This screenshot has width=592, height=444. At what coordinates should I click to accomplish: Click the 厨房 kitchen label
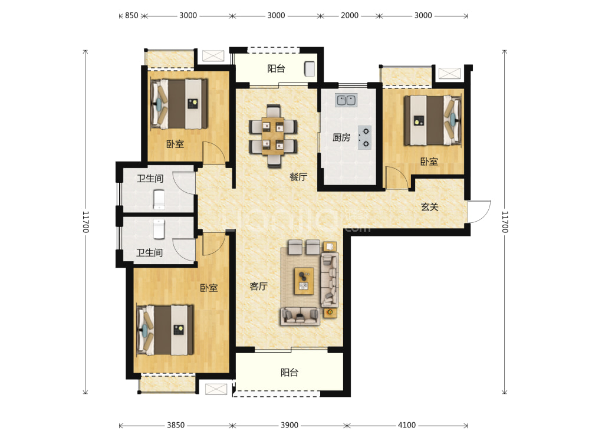(341, 137)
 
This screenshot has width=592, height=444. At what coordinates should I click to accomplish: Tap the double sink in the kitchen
(346, 100)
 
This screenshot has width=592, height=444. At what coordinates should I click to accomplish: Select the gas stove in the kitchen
(365, 137)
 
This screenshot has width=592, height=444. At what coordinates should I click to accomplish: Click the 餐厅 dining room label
(298, 177)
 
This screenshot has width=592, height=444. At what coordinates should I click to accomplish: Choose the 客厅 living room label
(259, 287)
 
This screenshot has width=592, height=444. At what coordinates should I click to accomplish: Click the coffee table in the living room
(304, 281)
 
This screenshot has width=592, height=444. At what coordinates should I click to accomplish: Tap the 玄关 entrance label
(430, 207)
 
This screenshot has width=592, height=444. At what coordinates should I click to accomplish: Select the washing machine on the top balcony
(310, 69)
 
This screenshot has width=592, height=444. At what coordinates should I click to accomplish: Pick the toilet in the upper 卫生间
(159, 199)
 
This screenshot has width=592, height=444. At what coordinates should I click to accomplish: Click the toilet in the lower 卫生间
(159, 229)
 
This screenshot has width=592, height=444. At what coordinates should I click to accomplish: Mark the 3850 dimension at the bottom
(176, 425)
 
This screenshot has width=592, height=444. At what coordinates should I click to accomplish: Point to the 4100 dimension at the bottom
(407, 425)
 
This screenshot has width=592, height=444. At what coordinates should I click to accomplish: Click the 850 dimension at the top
(131, 15)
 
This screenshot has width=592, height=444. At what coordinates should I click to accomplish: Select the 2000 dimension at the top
(350, 15)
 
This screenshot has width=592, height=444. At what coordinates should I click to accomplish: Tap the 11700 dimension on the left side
(85, 222)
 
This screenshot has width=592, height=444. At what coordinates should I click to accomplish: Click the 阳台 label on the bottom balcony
(290, 373)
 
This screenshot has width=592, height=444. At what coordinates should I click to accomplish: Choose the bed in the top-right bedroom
(433, 120)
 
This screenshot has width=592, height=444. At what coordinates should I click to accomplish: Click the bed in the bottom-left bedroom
(165, 330)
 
